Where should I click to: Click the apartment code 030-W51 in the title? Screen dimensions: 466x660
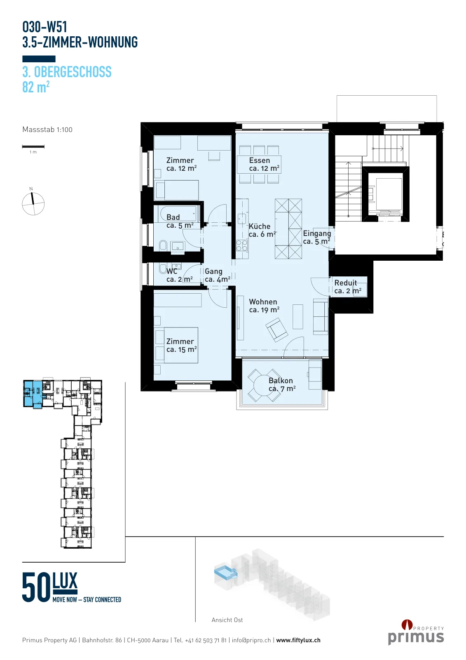(45, 27)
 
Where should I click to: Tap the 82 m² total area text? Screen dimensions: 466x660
(36, 87)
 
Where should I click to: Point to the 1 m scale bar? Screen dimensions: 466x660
(33, 146)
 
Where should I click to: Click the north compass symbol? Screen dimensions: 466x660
(33, 204)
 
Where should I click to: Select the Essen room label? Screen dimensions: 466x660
(259, 160)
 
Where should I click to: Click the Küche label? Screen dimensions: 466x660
(259, 226)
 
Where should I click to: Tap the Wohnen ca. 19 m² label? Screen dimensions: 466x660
(264, 306)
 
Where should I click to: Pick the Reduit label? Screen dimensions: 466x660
(345, 283)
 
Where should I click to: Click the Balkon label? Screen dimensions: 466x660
(281, 381)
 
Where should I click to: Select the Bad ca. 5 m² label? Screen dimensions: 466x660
(180, 221)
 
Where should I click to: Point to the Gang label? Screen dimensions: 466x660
(213, 271)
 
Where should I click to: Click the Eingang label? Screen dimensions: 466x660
(317, 233)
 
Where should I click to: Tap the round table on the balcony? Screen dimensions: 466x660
(264, 385)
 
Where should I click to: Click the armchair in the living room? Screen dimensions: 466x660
(277, 330)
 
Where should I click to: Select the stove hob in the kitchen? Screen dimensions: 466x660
(242, 245)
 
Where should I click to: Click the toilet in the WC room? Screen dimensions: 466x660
(163, 269)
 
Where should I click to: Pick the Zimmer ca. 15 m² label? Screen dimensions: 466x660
(181, 345)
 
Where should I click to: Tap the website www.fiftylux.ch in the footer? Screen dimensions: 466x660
(298, 640)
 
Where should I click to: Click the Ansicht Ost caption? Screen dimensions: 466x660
(227, 620)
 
